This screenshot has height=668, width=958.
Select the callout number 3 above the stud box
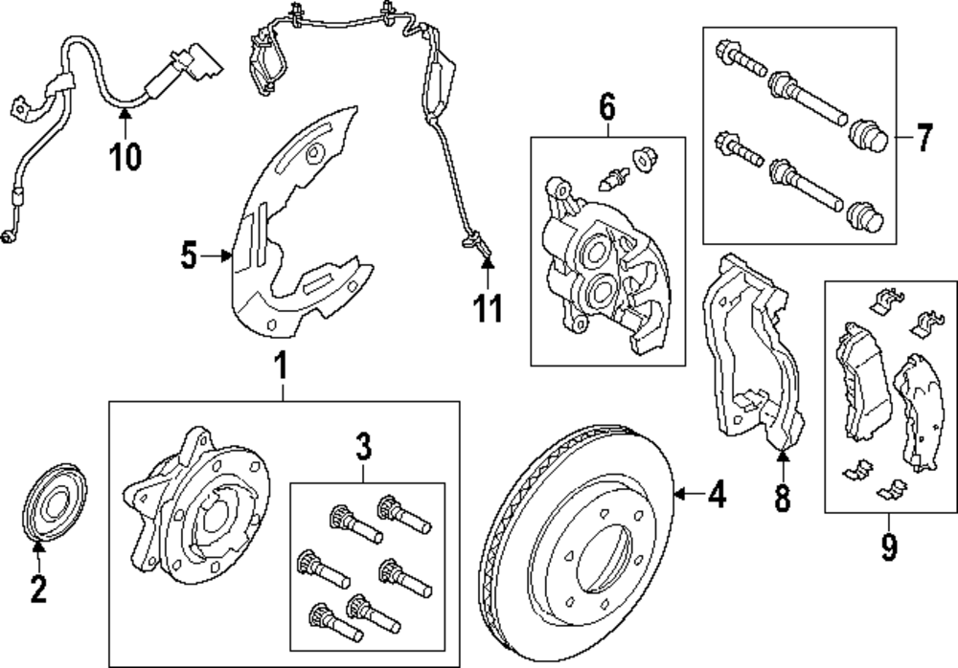pos(364,446)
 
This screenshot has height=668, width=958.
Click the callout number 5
pos(189,256)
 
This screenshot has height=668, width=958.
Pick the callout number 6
pos(607,105)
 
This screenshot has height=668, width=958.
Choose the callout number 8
pos(782,498)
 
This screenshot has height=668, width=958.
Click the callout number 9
pos(889,547)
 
